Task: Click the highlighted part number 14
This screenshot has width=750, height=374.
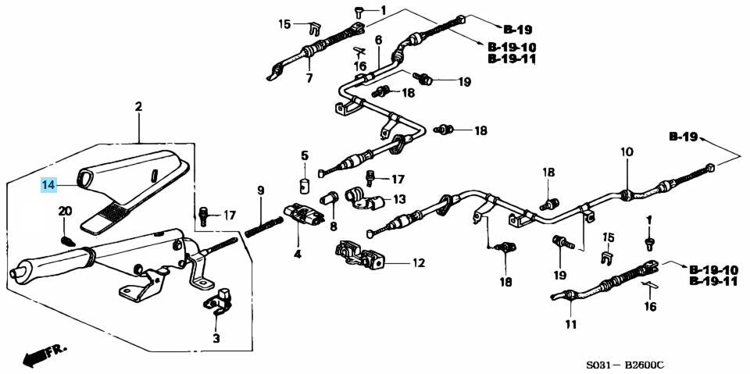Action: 49,185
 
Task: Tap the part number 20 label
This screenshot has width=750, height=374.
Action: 64,212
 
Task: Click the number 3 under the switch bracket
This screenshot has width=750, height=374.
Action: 216,337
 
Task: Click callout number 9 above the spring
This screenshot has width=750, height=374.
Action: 261,190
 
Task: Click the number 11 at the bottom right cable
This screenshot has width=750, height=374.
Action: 570,324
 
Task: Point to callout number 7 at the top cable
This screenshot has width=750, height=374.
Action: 308,78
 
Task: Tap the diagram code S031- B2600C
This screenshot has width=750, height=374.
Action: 630,364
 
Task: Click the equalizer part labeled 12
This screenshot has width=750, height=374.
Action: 360,255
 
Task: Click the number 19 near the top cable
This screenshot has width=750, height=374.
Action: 463,81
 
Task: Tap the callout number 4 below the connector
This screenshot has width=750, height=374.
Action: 297,253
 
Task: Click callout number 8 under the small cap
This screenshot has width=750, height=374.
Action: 333,226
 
